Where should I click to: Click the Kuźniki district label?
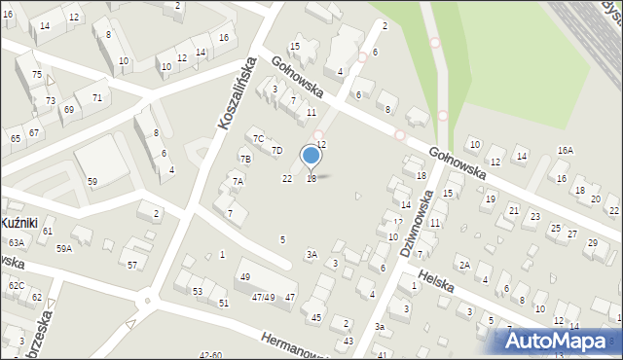[19, 223]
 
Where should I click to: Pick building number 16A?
[565, 151]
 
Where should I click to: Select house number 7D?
[276, 150]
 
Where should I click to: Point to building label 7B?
[245, 159]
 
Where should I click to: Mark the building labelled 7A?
[237, 181]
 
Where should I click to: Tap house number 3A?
[311, 254]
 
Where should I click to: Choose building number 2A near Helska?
[464, 265]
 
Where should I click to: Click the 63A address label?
[16, 242]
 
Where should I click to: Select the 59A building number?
[64, 249]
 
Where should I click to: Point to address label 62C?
[17, 285]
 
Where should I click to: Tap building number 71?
[96, 97]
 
